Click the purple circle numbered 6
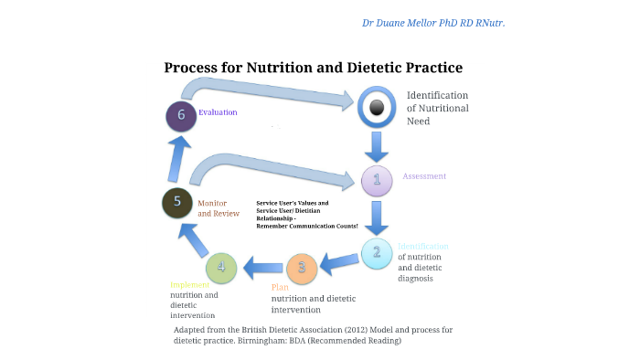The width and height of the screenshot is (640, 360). (x=181, y=115)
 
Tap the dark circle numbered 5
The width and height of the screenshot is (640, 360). (x=177, y=202)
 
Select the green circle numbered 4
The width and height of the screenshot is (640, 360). (x=221, y=268)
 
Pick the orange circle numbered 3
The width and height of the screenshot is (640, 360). (x=301, y=268)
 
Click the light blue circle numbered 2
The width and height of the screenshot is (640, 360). (x=376, y=253)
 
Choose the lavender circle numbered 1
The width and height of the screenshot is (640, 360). (x=376, y=179)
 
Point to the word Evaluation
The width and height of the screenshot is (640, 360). (x=218, y=112)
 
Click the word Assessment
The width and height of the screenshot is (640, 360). (x=424, y=175)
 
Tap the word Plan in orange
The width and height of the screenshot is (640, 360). (x=280, y=287)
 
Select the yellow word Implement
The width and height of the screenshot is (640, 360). (x=189, y=284)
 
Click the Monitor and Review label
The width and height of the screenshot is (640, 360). (x=219, y=207)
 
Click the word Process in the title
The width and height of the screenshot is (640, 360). (x=195, y=68)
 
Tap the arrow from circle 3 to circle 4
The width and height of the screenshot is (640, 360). (x=261, y=268)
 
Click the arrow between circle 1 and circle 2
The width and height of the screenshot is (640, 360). (x=376, y=217)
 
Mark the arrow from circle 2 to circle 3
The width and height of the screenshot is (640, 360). (x=338, y=262)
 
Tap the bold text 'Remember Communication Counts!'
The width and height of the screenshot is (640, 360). (x=306, y=226)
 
